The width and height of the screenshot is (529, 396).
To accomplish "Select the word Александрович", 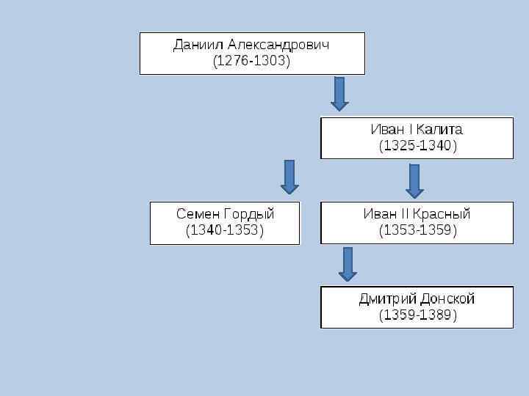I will point(278,45).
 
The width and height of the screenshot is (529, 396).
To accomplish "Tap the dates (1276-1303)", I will point(251,62).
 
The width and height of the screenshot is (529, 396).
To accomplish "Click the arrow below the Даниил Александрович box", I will point(339,94).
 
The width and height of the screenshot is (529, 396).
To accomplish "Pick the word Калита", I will point(439,129).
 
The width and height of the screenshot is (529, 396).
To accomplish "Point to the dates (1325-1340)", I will point(417,146).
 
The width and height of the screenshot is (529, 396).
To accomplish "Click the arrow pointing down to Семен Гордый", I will point(289,177).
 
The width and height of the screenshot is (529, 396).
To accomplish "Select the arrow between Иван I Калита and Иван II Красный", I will point(414,180).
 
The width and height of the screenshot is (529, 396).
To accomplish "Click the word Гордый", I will point(249,214).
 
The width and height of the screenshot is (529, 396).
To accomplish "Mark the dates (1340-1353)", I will point(224,231).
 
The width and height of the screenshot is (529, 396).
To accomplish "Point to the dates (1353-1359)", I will point(417,231).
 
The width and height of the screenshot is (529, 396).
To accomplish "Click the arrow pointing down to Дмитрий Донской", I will point(348,264).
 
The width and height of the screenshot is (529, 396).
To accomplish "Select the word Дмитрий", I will point(388,298).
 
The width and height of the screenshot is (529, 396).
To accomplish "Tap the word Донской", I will point(448,298).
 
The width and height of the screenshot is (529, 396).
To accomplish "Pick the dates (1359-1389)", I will point(417,315).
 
